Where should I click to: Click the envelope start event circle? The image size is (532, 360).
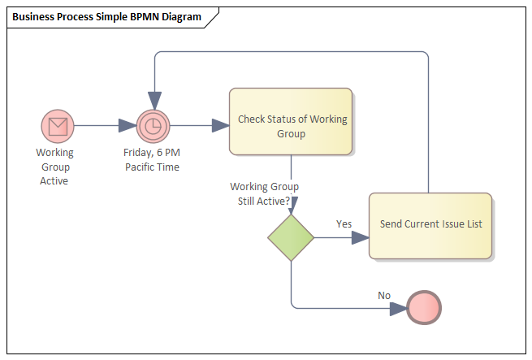[x=58, y=126]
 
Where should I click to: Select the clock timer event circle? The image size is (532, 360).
[x=152, y=126]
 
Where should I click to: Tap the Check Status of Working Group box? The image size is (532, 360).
[x=291, y=122]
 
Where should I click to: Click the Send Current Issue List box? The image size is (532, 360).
[x=430, y=225]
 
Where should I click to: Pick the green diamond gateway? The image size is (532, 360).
[x=291, y=238]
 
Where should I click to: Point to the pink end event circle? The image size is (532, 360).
[x=424, y=308]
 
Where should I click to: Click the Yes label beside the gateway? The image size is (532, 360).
[x=344, y=223]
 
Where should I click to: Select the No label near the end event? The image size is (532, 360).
[x=384, y=295]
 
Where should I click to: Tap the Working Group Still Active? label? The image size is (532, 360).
[x=265, y=193]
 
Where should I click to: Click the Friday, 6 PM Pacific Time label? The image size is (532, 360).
[x=152, y=159]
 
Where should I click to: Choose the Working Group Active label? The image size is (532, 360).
[x=54, y=166]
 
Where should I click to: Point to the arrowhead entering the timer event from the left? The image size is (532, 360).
[x=128, y=126]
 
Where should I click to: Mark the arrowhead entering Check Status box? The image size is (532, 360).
[x=220, y=126]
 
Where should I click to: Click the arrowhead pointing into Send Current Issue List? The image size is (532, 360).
[x=360, y=238]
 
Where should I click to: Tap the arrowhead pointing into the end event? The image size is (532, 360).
[x=398, y=308]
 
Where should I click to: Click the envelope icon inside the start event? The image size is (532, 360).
[x=58, y=126]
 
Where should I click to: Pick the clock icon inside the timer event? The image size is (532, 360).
[x=152, y=126]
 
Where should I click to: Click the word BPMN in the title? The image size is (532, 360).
[x=142, y=17]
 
